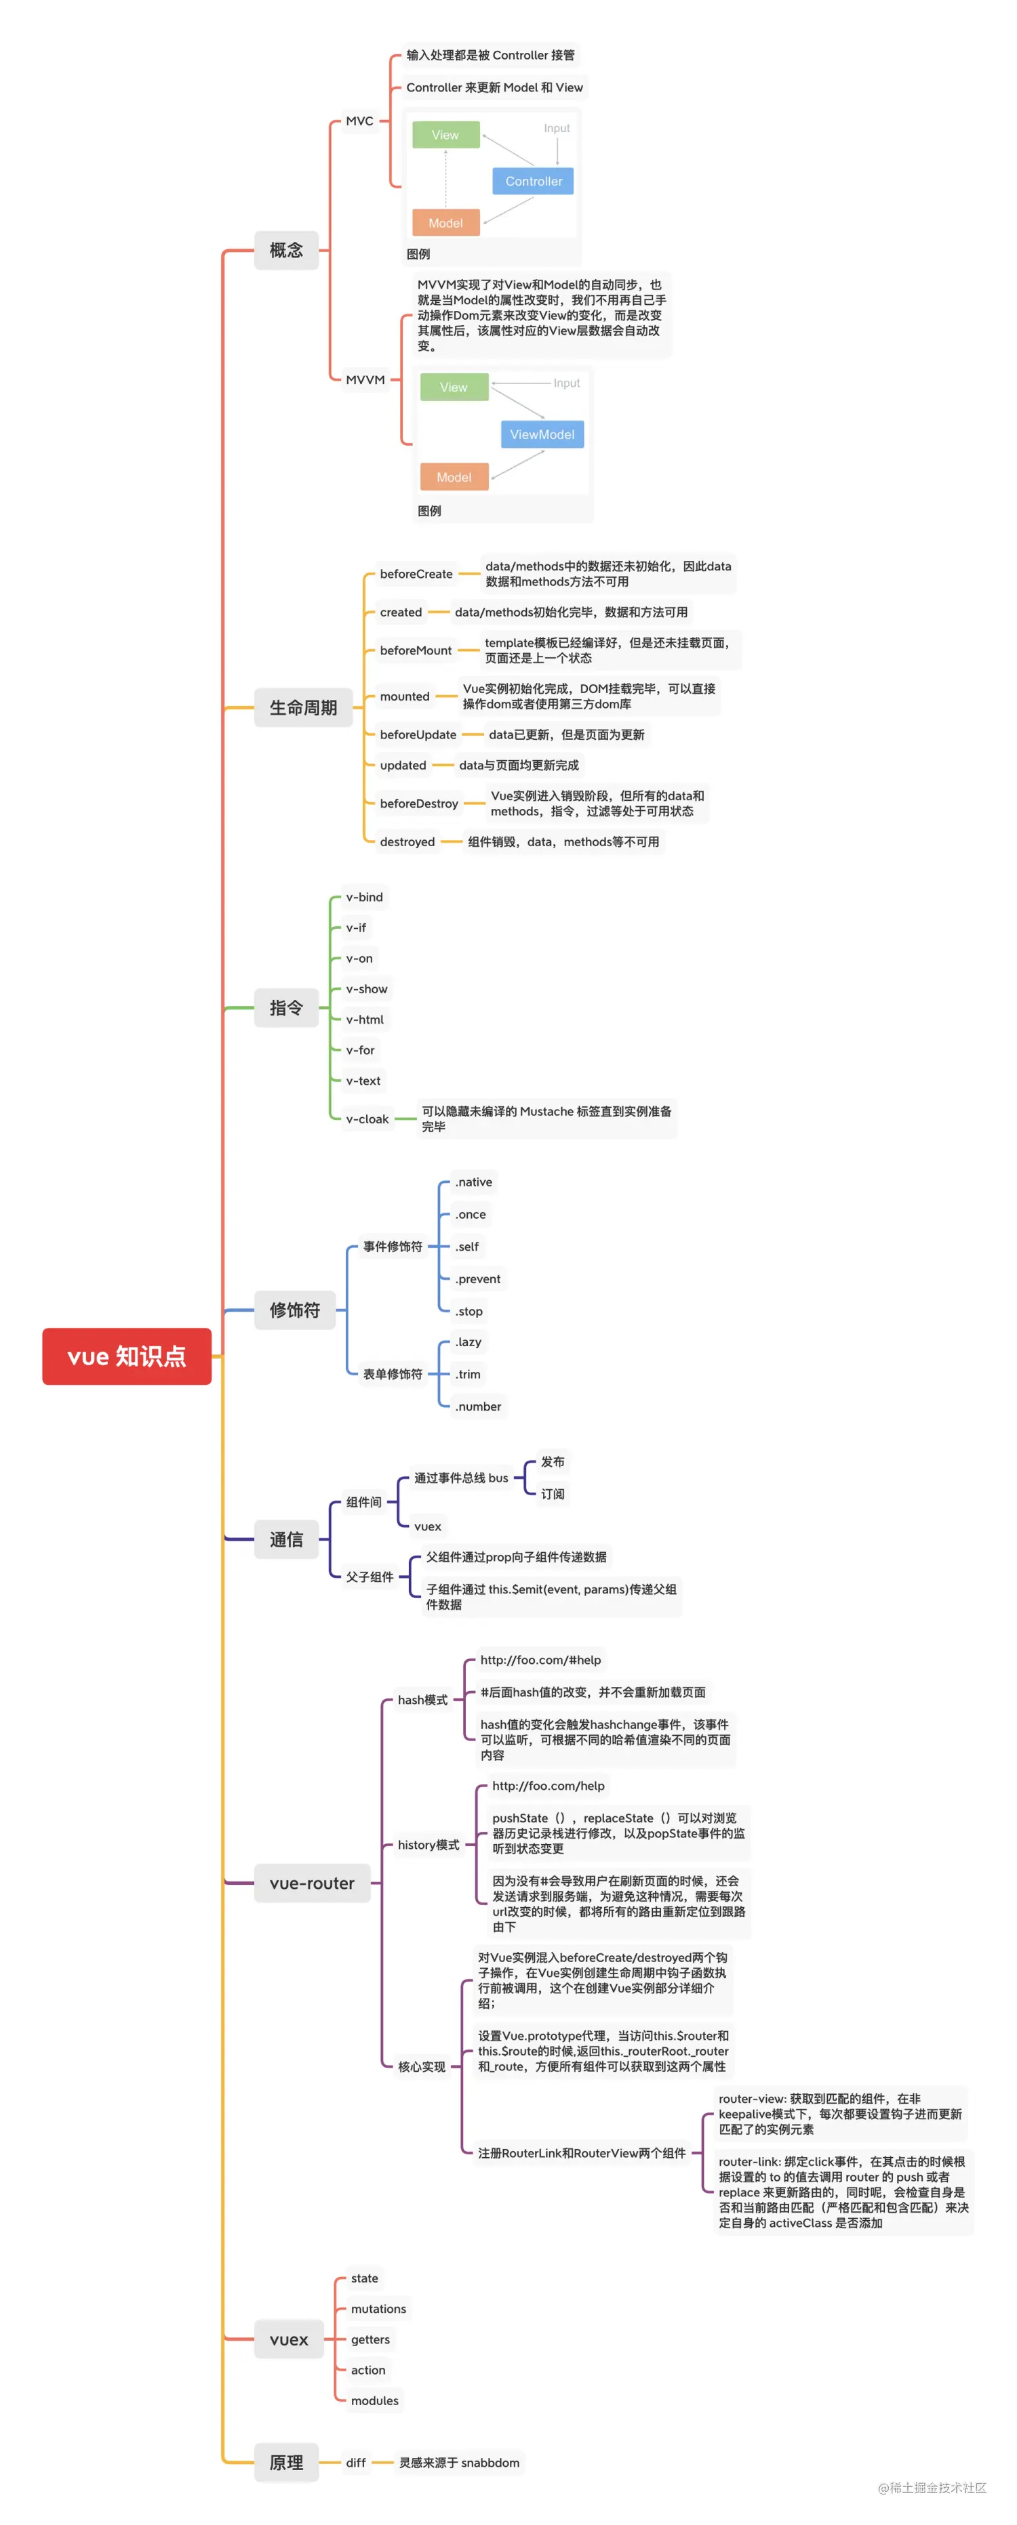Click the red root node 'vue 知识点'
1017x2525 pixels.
pos(127,1356)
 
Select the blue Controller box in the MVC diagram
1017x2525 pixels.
pos(534,182)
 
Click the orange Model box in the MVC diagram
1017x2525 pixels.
pos(445,224)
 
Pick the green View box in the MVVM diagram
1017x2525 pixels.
pos(453,387)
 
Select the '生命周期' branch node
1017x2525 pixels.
pos(303,708)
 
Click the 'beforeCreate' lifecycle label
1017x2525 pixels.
pos(416,575)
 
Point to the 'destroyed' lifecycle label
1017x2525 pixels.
pos(407,842)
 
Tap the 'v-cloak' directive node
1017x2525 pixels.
pos(367,1119)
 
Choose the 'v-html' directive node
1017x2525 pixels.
pos(365,1020)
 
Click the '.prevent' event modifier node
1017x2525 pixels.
pos(477,1279)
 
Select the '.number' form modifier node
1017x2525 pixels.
pos(477,1406)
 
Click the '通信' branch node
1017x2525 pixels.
pos(286,1540)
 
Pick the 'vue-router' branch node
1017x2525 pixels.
pos(312,1883)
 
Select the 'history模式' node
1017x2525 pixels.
pos(428,1845)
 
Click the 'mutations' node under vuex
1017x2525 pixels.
pos(378,2310)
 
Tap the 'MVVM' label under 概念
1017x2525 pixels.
pos(365,380)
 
